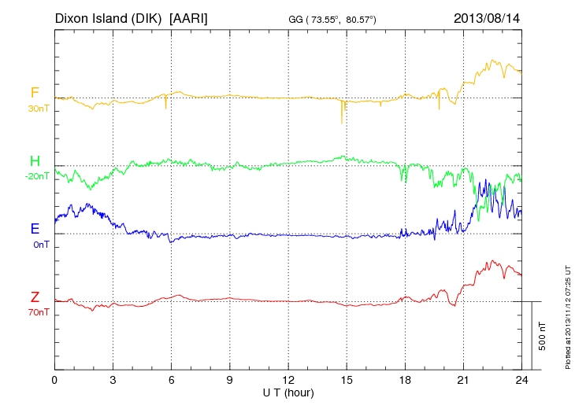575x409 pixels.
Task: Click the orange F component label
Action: [x=35, y=94]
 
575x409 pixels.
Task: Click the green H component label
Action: [x=35, y=161]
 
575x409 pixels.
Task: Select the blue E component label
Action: [x=35, y=229]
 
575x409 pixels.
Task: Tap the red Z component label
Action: [x=35, y=297]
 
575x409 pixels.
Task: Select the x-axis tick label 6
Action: [x=172, y=380]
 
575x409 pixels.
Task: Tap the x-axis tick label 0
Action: [x=54, y=380]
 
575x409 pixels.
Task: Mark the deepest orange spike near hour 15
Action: [x=342, y=122]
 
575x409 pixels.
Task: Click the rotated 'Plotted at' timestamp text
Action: [x=568, y=315]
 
